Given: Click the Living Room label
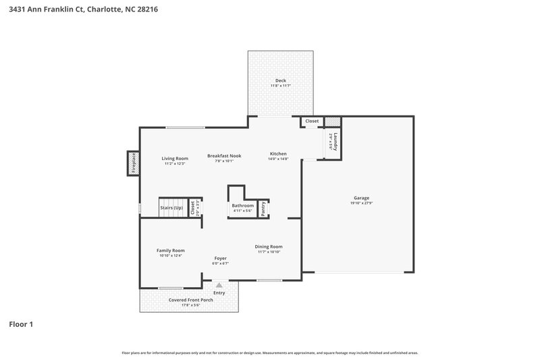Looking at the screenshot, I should coord(174,158).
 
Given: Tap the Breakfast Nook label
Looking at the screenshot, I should coord(224,155).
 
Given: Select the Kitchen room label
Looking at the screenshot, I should coord(278,153).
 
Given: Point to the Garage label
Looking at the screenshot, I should coord(361,198).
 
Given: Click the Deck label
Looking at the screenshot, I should coord(280,80).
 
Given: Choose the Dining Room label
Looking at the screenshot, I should coord(268,247).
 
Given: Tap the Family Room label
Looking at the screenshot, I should coord(170,250).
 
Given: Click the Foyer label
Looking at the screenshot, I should coord(220,258).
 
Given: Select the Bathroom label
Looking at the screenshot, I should coord(242,205).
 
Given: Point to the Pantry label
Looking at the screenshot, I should coord(263,209).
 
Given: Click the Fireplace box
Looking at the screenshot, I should coord(134,163).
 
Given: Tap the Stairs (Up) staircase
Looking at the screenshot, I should coord(171,207).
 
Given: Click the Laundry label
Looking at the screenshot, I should coord(334,142).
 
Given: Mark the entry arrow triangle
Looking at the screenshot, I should coord(219,286).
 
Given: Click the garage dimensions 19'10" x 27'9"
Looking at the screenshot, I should coord(361,203).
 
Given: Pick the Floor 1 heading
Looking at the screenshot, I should coord(21,324).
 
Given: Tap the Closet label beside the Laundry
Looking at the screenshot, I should coord(312,121).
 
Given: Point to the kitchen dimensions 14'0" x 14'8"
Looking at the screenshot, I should coord(278,159).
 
